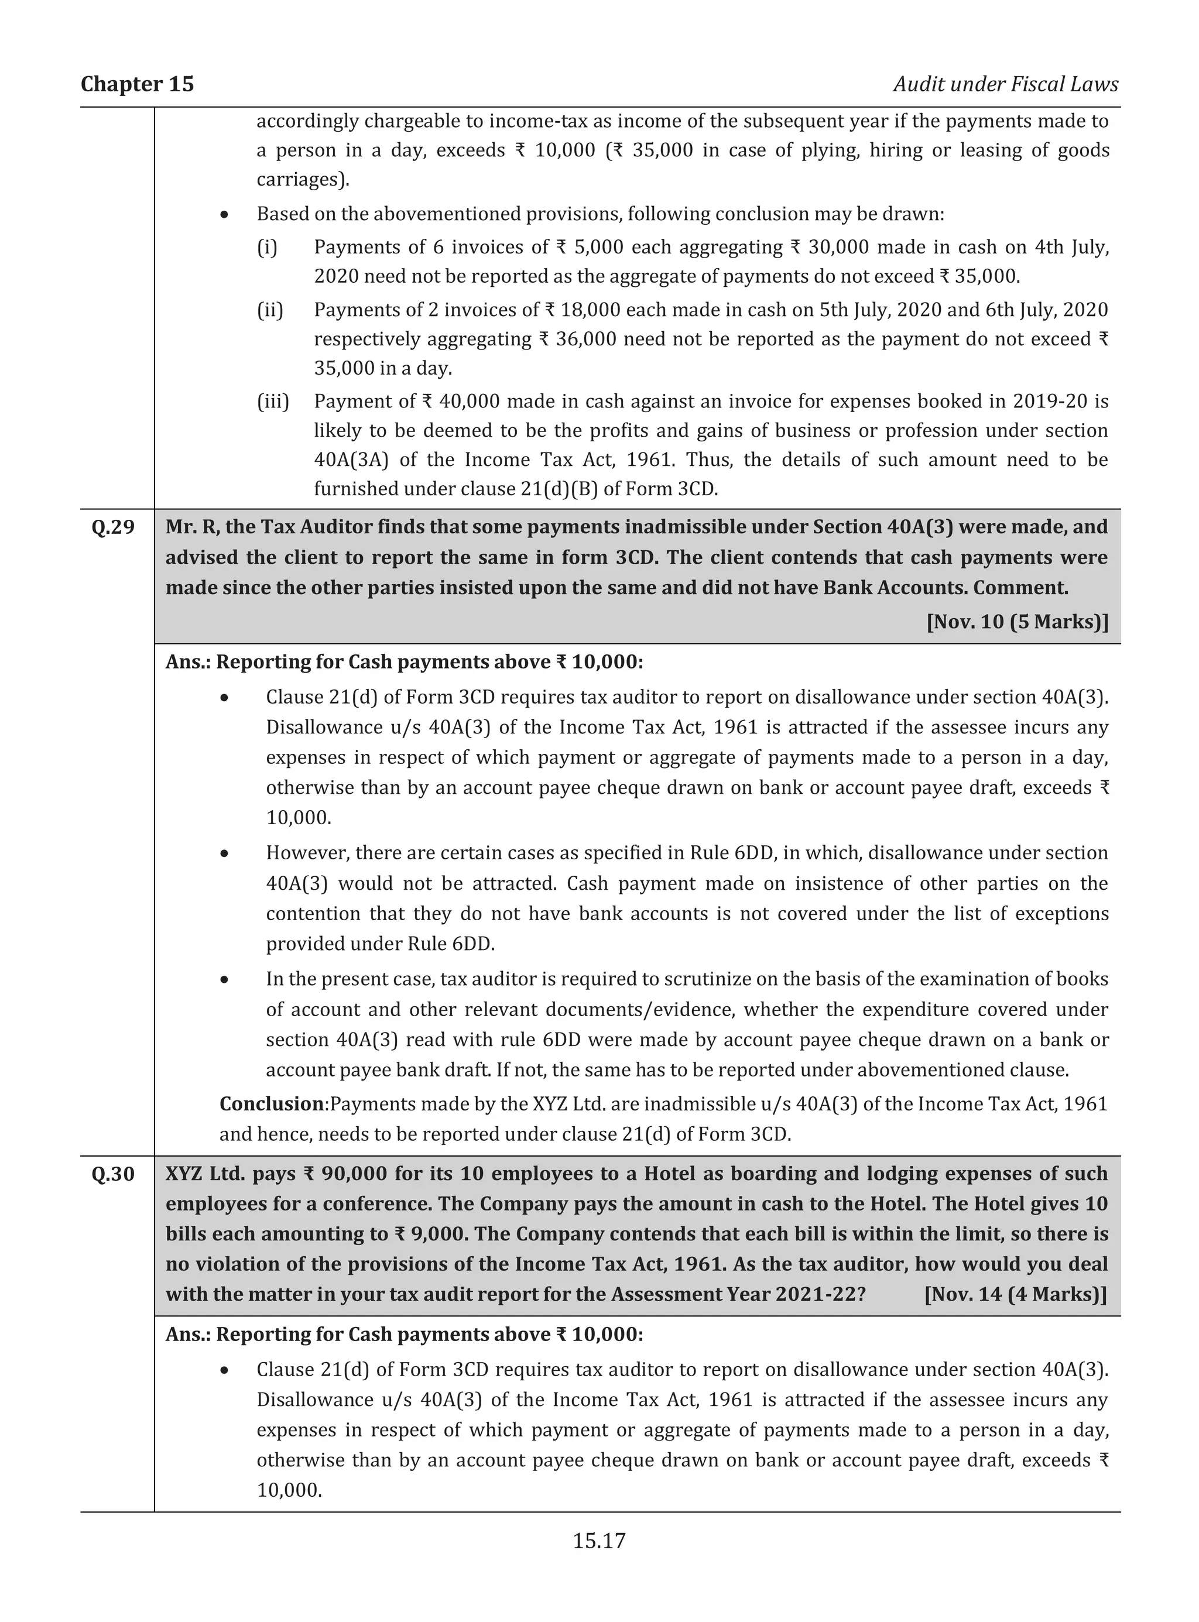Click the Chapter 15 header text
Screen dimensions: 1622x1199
click(x=137, y=84)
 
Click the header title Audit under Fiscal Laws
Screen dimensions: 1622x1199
click(x=1005, y=84)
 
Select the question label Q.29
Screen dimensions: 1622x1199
click(x=113, y=527)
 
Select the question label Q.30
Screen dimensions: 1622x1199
click(x=113, y=1174)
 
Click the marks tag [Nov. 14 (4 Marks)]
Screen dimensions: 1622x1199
click(x=1015, y=1294)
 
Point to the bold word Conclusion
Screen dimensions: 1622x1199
click(x=272, y=1104)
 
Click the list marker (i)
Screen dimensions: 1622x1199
click(x=267, y=248)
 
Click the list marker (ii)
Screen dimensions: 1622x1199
click(x=270, y=310)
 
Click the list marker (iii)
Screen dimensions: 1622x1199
click(x=273, y=402)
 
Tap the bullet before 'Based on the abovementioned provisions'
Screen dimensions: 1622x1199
click(x=226, y=215)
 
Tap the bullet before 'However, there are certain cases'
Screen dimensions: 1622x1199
click(x=226, y=853)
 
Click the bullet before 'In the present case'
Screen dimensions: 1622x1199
click(x=226, y=980)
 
